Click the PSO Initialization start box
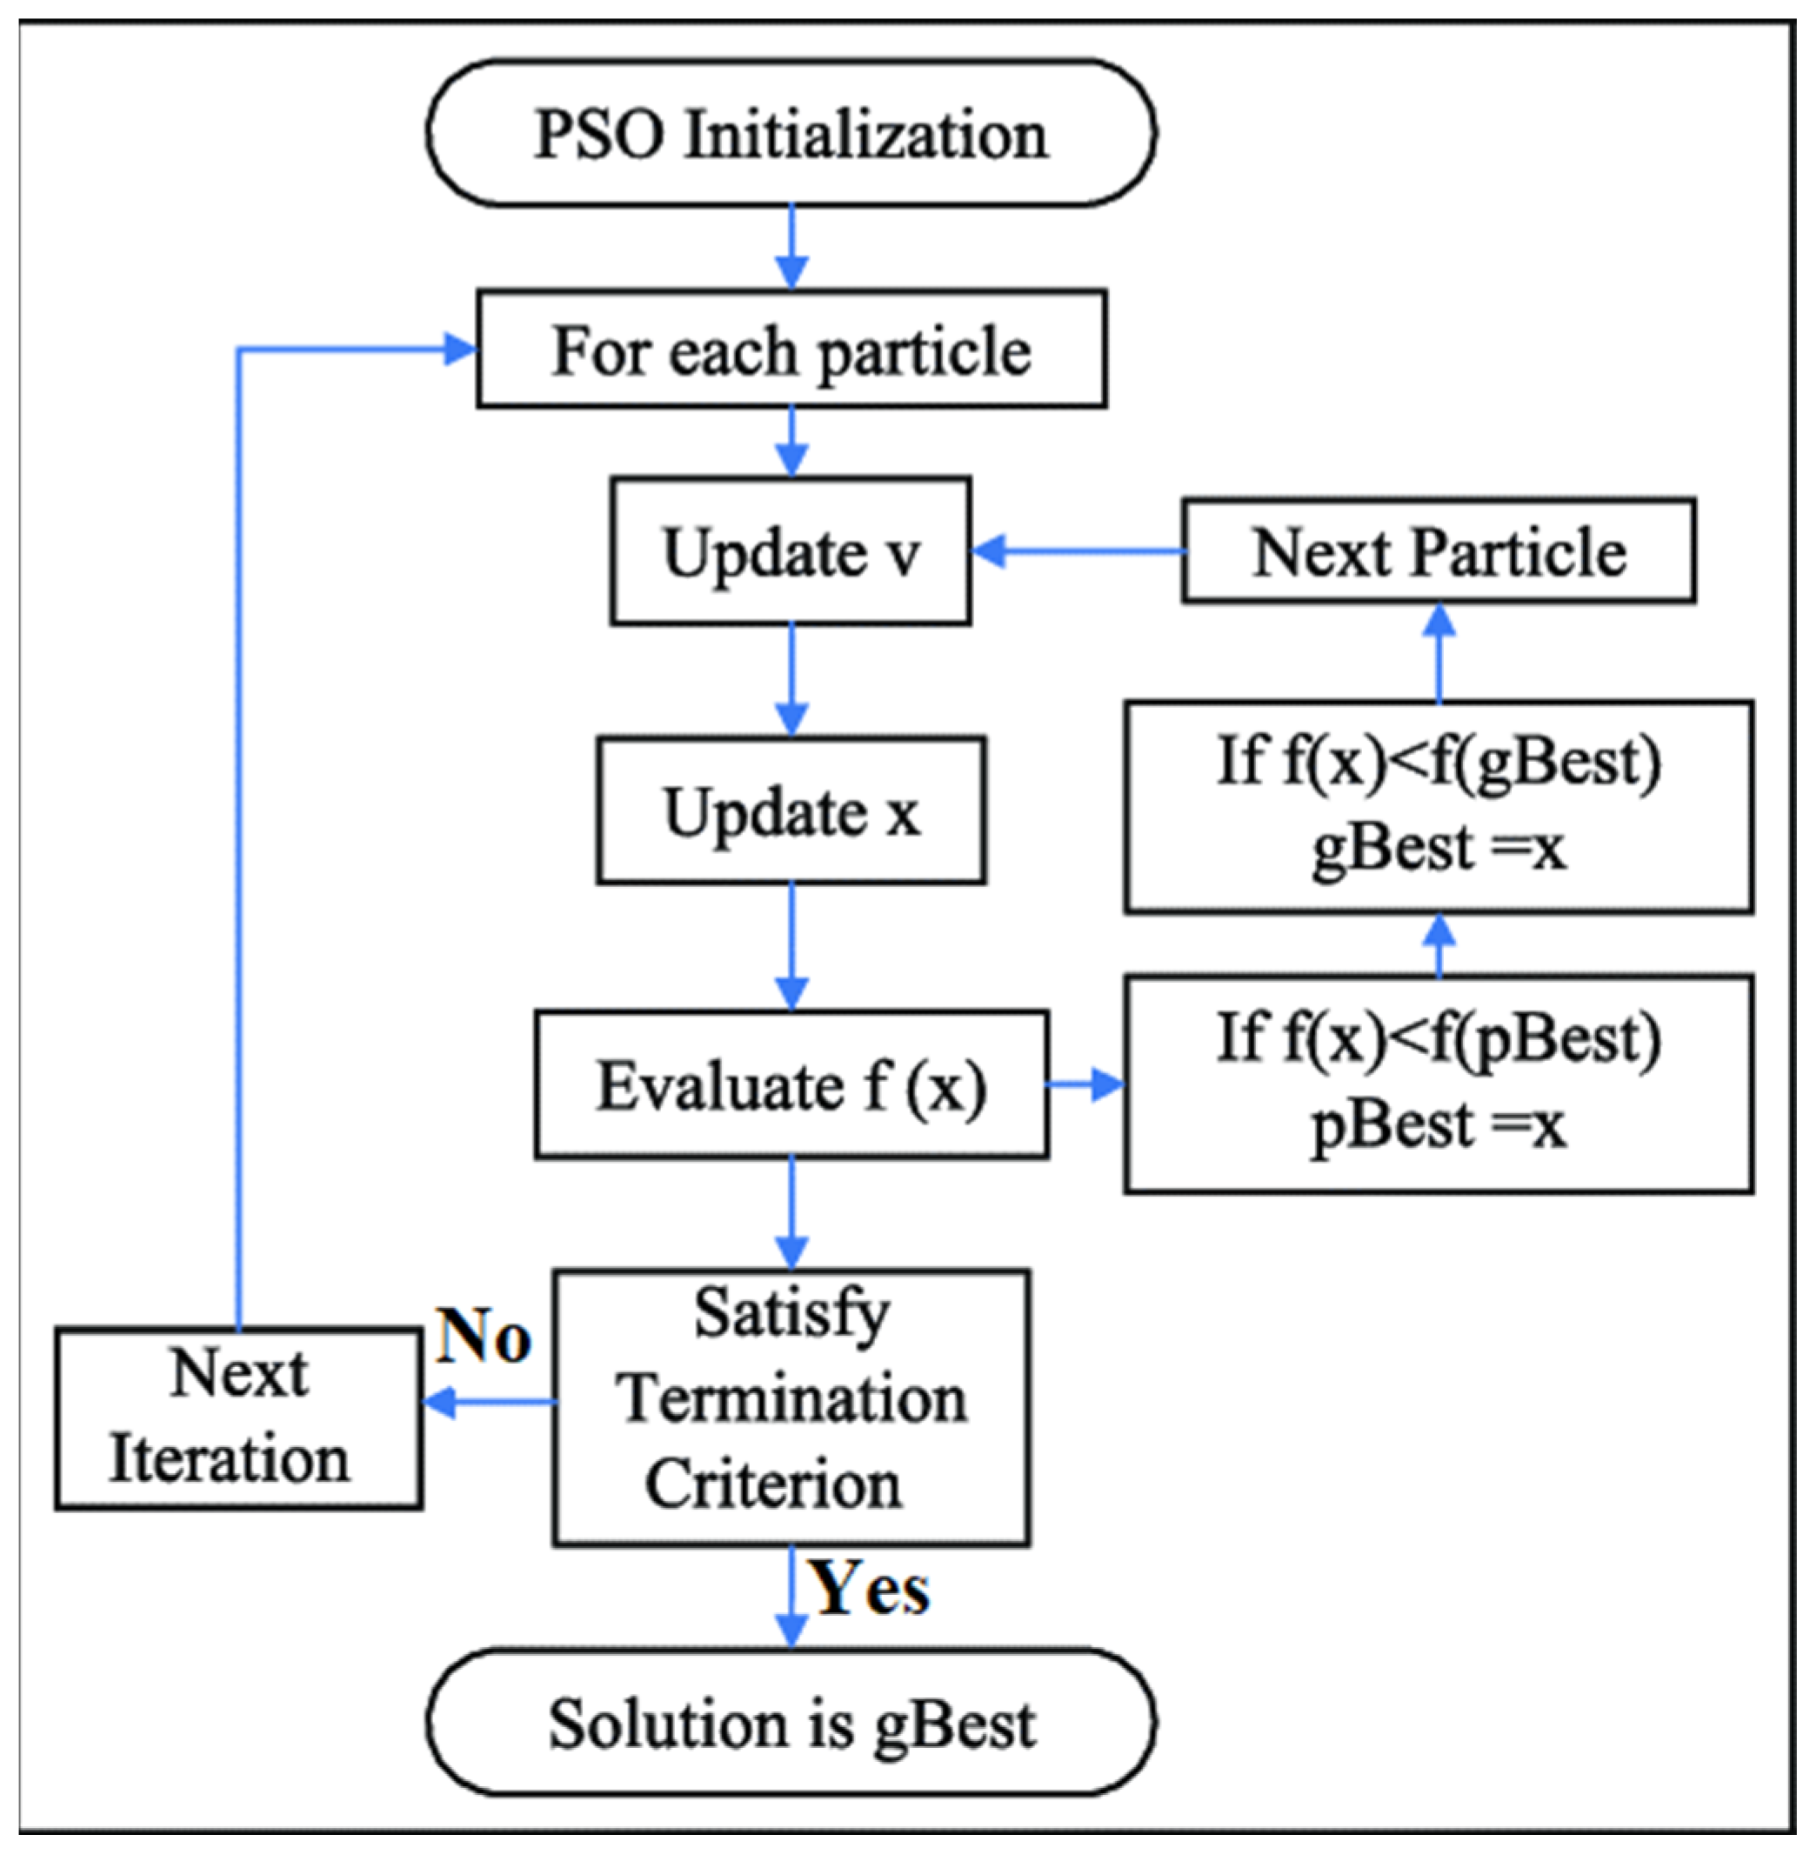click(x=791, y=133)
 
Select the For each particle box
click(x=791, y=350)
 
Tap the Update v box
click(x=791, y=551)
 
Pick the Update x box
click(x=791, y=810)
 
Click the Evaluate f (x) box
click(x=791, y=1084)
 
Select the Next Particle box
click(x=1439, y=551)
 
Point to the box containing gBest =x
click(x=1439, y=807)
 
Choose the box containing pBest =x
click(x=1439, y=1084)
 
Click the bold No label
click(x=483, y=1337)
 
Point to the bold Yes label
click(x=868, y=1588)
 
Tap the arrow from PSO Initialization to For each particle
click(x=791, y=247)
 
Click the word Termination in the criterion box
click(x=791, y=1400)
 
